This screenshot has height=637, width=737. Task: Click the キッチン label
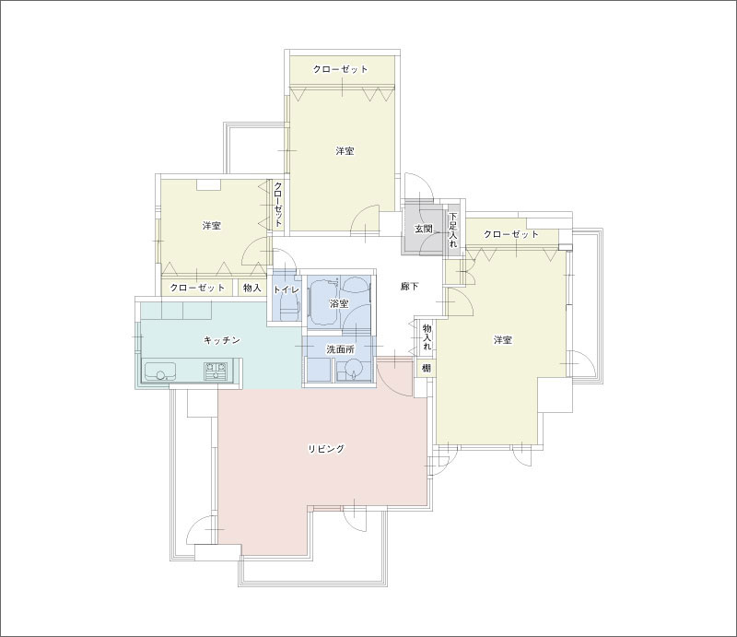[222, 340]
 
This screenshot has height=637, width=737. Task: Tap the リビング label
[326, 448]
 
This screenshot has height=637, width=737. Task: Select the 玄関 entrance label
[423, 230]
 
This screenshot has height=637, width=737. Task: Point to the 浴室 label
[339, 303]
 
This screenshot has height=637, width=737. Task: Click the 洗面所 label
[341, 349]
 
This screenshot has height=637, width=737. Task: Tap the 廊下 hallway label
[409, 286]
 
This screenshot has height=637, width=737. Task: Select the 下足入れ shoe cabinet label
[452, 230]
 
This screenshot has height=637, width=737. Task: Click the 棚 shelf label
[426, 368]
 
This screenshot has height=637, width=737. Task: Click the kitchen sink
[159, 371]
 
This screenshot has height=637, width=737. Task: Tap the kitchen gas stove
[216, 371]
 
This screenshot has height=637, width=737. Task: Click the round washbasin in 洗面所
[353, 369]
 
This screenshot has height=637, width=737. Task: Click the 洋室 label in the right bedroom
[502, 339]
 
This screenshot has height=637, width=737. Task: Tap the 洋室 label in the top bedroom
[345, 151]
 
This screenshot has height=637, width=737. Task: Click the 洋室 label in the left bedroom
[212, 225]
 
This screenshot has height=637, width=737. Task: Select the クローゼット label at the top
[341, 69]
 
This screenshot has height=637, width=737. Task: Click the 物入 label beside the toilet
[252, 288]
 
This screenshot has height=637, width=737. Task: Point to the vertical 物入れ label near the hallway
[427, 336]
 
